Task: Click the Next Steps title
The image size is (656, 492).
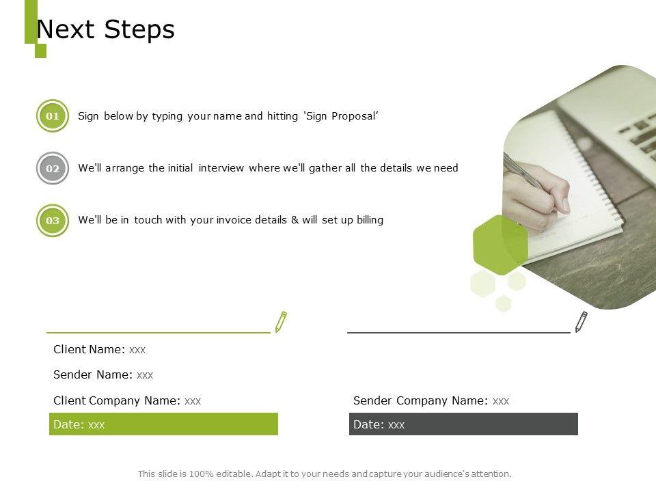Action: tap(105, 29)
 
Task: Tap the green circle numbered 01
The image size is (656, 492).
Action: tap(53, 116)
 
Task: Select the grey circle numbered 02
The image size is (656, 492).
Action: tap(53, 168)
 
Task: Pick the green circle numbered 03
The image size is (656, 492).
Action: tap(53, 221)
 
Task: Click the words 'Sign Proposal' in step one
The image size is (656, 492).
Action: tap(341, 116)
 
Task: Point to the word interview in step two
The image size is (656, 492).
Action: tap(221, 168)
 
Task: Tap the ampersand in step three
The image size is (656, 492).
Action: tap(295, 220)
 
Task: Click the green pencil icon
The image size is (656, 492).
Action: tap(281, 322)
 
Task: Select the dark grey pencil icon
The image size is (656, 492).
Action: tap(581, 322)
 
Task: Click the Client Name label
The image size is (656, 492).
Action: tap(89, 349)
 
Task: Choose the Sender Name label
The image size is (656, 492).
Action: tap(93, 374)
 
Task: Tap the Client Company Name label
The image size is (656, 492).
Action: tap(117, 401)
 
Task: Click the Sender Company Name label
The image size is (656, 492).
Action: tap(420, 401)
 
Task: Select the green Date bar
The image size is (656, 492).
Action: tap(163, 424)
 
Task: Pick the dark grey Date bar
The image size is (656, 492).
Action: tap(463, 424)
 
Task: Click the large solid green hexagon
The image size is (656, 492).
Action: tap(500, 245)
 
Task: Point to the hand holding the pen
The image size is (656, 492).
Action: tap(536, 195)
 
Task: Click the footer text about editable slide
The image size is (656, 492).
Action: tap(325, 474)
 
